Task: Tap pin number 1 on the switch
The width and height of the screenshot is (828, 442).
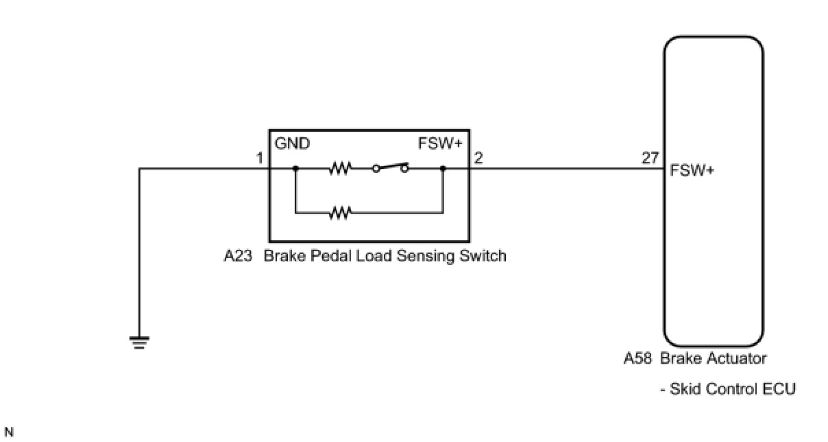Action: (260, 159)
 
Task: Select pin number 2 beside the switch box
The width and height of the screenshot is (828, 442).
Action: (478, 159)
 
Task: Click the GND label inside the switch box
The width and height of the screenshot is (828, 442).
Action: (293, 144)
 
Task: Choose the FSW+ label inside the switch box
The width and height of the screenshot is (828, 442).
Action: (440, 144)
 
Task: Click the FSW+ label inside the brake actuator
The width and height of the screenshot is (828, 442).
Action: (692, 170)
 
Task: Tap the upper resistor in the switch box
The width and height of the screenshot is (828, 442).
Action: (339, 168)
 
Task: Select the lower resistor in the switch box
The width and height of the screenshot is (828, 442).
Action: (339, 213)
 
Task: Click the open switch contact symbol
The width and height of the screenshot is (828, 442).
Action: (390, 167)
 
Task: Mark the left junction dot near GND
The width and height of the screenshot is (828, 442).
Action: (295, 168)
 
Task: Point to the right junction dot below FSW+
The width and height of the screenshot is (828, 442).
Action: (443, 168)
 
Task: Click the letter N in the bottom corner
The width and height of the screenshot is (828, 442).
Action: (8, 432)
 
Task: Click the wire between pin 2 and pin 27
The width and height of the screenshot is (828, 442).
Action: (562, 168)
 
